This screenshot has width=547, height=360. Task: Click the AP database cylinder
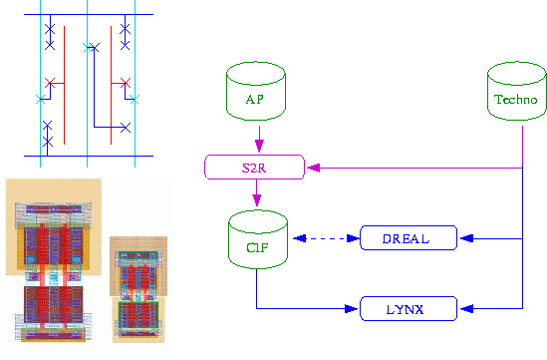pyautogui.click(x=256, y=91)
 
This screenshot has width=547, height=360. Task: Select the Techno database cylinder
pyautogui.click(x=517, y=91)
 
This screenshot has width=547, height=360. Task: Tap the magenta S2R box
pyautogui.click(x=254, y=168)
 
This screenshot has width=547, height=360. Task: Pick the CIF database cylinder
pyautogui.click(x=258, y=239)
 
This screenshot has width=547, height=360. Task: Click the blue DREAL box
pyautogui.click(x=409, y=238)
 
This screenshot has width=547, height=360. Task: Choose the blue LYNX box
pyautogui.click(x=409, y=309)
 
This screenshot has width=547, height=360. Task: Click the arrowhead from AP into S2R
pyautogui.click(x=259, y=146)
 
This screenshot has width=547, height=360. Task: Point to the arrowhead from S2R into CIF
pyautogui.click(x=257, y=200)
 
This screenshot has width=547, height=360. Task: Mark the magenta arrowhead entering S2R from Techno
pyautogui.click(x=314, y=168)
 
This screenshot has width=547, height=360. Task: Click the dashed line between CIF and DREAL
pyautogui.click(x=327, y=238)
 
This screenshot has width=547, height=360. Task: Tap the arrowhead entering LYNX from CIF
pyautogui.click(x=351, y=309)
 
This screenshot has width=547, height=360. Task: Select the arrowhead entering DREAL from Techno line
pyautogui.click(x=466, y=238)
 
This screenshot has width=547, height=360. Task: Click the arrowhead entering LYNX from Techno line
pyautogui.click(x=466, y=309)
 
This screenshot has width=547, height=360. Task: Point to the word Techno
pyautogui.click(x=516, y=100)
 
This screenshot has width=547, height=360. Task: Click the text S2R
pyautogui.click(x=254, y=168)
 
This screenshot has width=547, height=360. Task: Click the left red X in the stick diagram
pyautogui.click(x=50, y=83)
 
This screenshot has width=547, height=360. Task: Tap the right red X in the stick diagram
pyautogui.click(x=126, y=83)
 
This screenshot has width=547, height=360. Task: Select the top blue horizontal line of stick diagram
pyautogui.click(x=89, y=15)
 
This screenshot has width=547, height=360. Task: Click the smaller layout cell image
pyautogui.click(x=138, y=290)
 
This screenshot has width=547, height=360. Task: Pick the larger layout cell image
pyautogui.click(x=54, y=260)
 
